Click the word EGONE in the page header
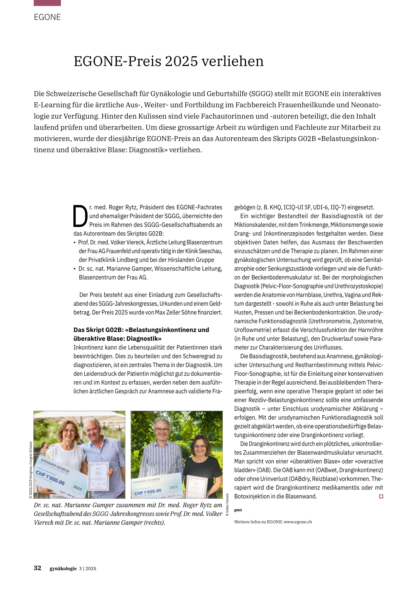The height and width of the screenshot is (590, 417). [x=47, y=17]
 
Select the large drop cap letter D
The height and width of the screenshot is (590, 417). [x=80, y=216]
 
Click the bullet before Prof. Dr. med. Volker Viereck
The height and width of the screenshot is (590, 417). [x=75, y=242]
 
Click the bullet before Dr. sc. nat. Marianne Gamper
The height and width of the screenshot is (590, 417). [x=75, y=269]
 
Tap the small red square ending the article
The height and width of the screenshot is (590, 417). [x=381, y=496]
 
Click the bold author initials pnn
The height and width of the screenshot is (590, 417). [x=238, y=510]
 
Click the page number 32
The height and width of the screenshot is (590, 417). [x=37, y=568]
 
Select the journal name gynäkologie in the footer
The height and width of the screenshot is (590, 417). [x=63, y=568]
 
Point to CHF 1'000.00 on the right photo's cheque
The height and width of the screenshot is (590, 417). [x=148, y=492]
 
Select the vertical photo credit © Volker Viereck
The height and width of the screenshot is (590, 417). [x=228, y=505]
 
